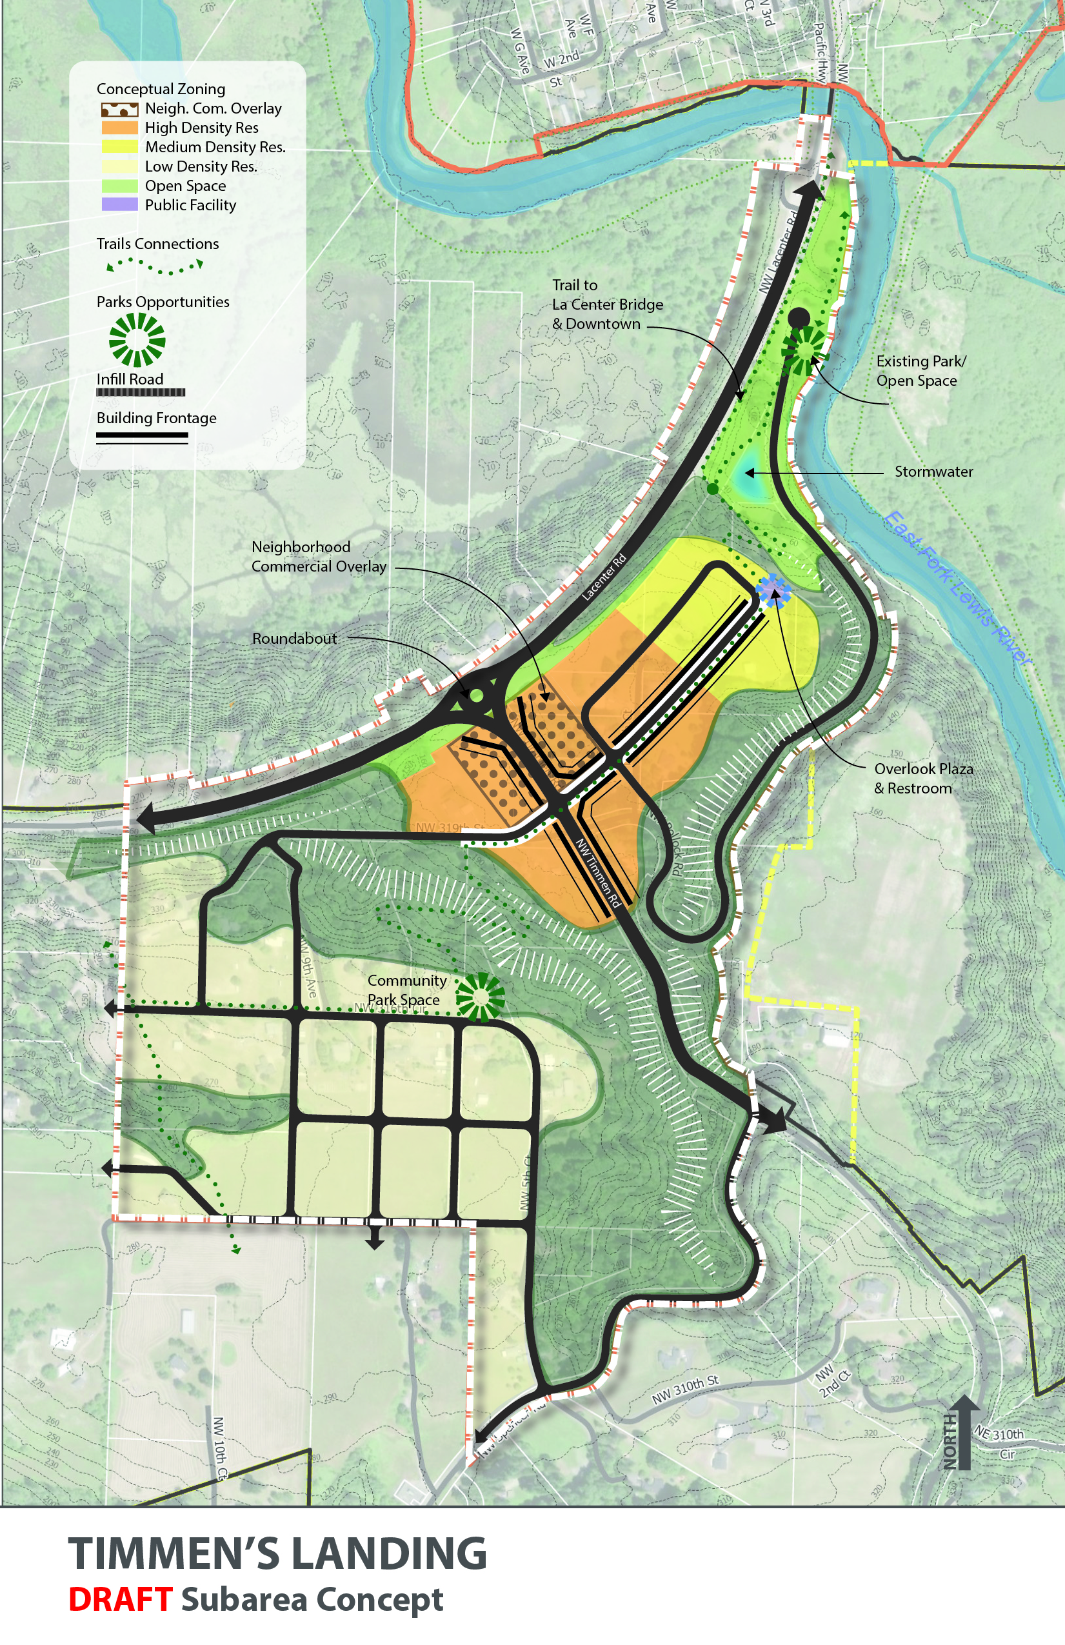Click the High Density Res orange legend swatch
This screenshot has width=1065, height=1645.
click(x=119, y=128)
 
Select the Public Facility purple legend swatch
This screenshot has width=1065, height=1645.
click(x=119, y=204)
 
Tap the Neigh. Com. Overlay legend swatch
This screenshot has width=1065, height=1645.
click(x=119, y=109)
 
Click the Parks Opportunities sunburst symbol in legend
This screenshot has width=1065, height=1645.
click(x=137, y=339)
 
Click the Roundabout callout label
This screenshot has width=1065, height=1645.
click(x=294, y=639)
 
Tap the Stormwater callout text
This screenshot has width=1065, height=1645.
click(x=933, y=472)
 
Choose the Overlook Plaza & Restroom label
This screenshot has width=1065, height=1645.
click(x=922, y=778)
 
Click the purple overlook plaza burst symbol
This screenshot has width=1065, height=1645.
click(x=773, y=591)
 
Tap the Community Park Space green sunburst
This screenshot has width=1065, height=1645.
click(x=480, y=997)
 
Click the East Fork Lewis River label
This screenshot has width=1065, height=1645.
click(x=957, y=588)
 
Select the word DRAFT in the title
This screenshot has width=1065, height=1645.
click(x=120, y=1599)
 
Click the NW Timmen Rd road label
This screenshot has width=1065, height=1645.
click(x=599, y=873)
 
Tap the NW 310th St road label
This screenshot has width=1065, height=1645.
click(x=685, y=1390)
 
